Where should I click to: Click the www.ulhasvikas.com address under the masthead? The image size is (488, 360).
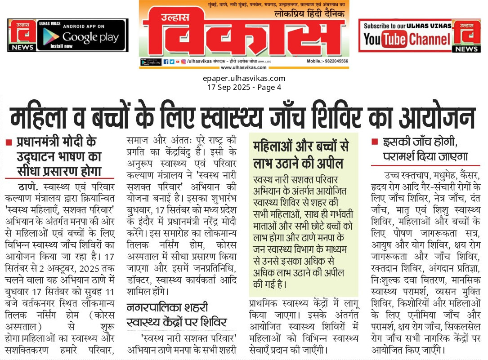click(243, 67)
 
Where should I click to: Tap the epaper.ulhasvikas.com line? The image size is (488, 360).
click(244, 79)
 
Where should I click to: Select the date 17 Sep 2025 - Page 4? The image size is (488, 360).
click(244, 87)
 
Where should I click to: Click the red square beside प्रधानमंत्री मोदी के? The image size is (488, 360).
click(9, 142)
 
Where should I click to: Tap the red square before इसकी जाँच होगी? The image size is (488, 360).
click(374, 142)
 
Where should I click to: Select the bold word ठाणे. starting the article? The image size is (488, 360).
click(28, 186)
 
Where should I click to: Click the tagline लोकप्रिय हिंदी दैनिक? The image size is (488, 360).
click(310, 14)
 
